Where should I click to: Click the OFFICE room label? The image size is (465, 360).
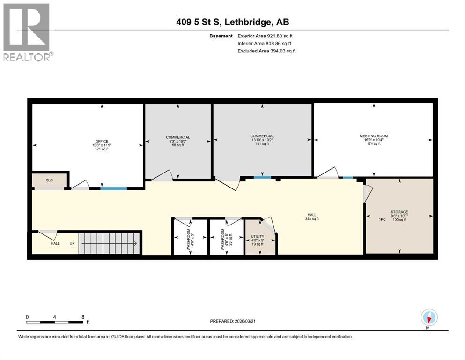click(102, 141)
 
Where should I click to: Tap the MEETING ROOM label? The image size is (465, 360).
click(373, 136)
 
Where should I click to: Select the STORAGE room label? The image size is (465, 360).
click(399, 212)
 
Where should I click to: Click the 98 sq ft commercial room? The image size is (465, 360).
click(177, 141)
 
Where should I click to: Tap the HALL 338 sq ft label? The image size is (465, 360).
click(311, 216)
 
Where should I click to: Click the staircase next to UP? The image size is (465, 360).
click(110, 243)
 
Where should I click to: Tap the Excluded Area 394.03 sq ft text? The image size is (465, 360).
click(266, 51)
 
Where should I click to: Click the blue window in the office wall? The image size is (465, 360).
click(113, 188)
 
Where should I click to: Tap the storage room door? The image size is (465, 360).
click(368, 193)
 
